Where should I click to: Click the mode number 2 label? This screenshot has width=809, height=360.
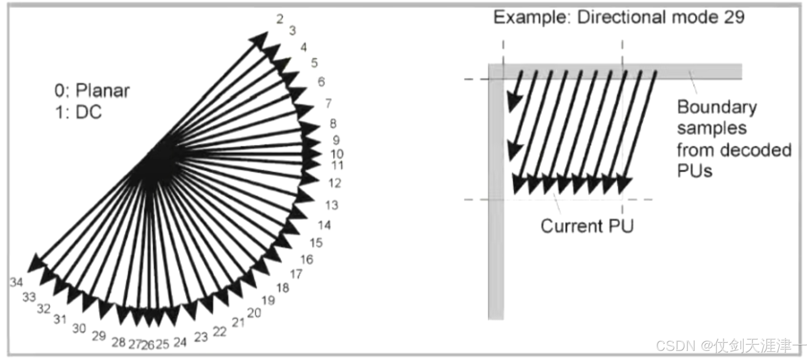click(x=280, y=19)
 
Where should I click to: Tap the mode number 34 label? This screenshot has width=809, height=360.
click(x=16, y=282)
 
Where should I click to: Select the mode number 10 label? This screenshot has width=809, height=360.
click(x=337, y=154)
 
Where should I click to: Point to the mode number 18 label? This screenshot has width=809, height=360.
click(x=283, y=288)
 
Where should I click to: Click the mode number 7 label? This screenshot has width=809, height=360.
click(x=328, y=103)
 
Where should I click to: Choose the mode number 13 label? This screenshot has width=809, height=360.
click(x=331, y=205)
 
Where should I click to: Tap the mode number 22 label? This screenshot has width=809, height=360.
click(x=219, y=331)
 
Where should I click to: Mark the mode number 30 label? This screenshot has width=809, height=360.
click(x=79, y=328)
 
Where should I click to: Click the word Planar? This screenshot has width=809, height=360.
click(x=103, y=90)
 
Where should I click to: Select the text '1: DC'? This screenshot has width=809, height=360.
click(x=78, y=112)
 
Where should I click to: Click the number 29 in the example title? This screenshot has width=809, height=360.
click(x=734, y=17)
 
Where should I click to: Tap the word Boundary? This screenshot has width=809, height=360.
click(x=717, y=107)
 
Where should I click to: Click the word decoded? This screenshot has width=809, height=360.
click(x=763, y=150)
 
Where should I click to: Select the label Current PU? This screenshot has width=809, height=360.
click(x=587, y=225)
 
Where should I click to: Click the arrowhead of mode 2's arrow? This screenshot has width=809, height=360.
click(x=260, y=39)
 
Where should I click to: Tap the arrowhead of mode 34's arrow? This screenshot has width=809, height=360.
click(x=35, y=263)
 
